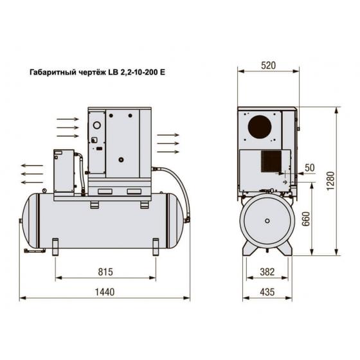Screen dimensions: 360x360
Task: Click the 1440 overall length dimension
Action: pos(104,292)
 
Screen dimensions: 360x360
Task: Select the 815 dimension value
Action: pos(105,272)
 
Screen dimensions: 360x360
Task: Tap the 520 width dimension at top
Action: pos(268,66)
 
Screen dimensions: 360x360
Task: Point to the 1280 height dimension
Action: pos(330,181)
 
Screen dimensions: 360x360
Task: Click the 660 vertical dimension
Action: pos(306,219)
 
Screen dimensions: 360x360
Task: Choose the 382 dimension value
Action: pos(267,272)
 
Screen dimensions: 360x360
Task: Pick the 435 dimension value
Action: pos(267,292)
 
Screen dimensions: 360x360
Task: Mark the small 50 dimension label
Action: pos(309,168)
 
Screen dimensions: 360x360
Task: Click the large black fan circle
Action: pos(260,127)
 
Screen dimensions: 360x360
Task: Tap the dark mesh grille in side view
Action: pos(271,161)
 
